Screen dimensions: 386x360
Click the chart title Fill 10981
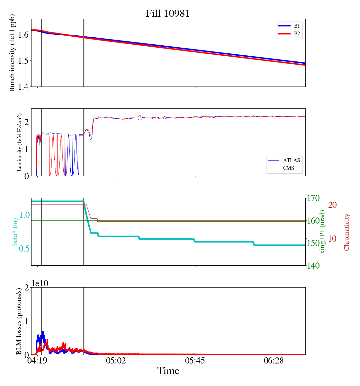(x=168, y=14)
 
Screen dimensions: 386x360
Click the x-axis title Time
(x=168, y=371)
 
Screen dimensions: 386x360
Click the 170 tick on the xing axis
(x=314, y=198)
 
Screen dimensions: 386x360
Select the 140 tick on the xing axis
(x=314, y=266)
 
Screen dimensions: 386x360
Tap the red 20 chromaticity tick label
(x=332, y=205)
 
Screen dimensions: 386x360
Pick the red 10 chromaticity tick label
(x=332, y=239)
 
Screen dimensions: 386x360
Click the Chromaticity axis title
(x=346, y=232)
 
